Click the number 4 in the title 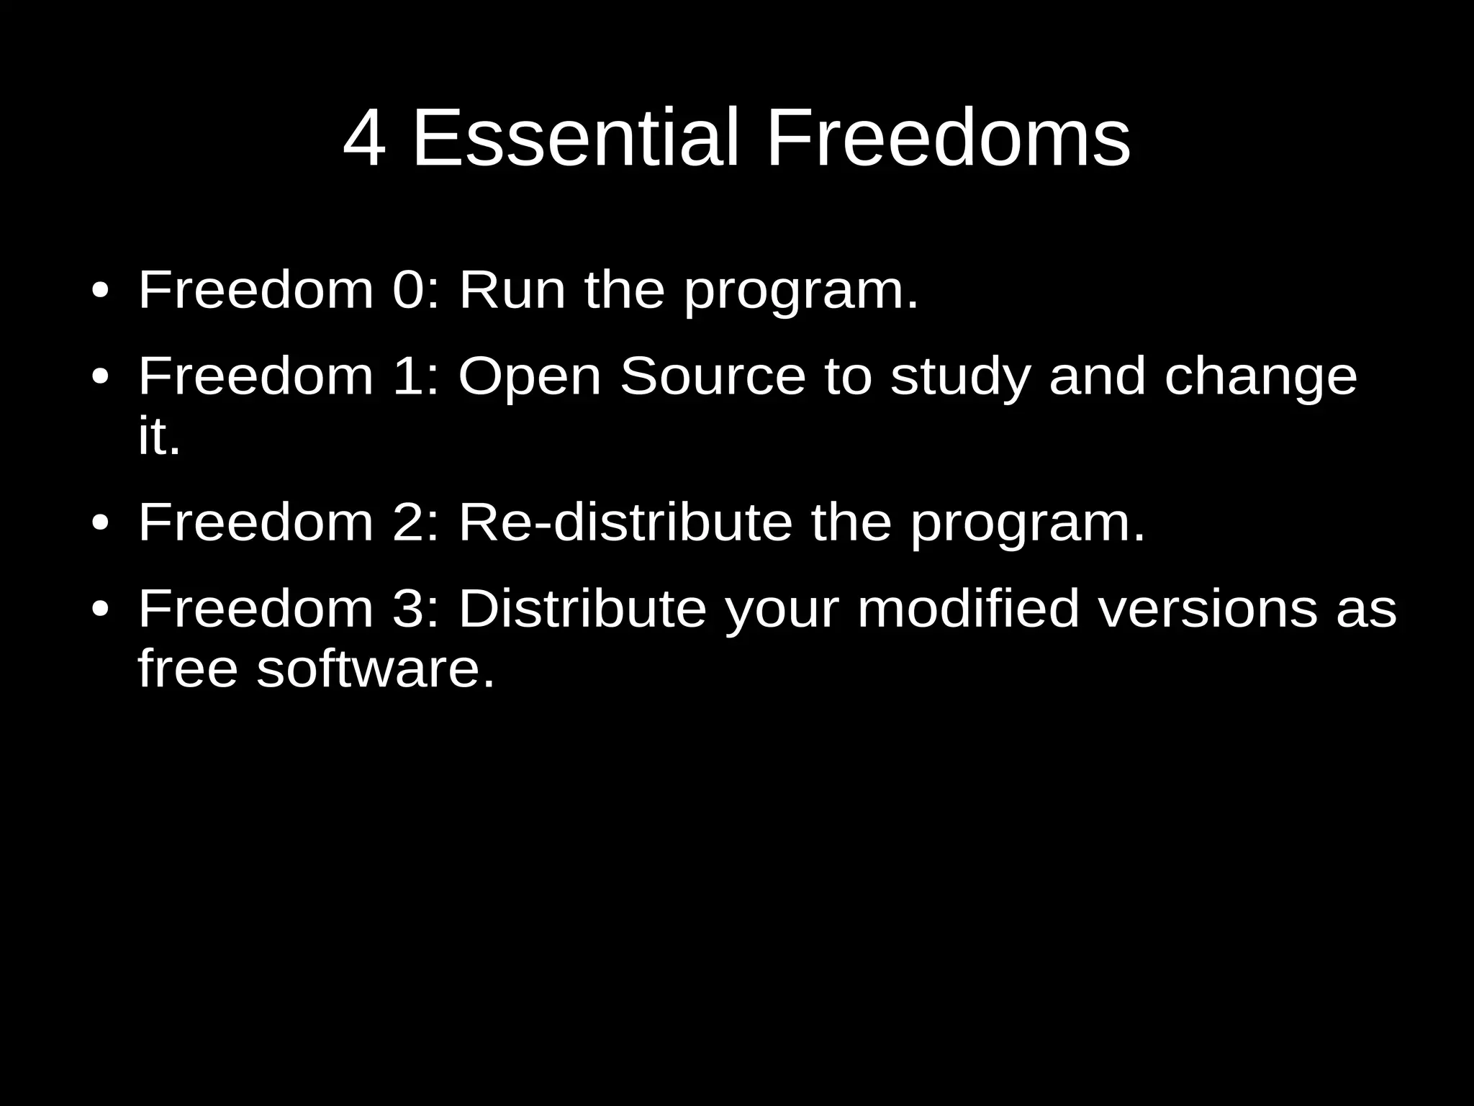pos(365,139)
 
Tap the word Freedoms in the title pos(948,139)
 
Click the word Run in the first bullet pos(512,290)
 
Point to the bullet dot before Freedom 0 pos(101,292)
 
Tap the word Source pos(713,376)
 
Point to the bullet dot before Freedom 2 pos(101,524)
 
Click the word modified pos(968,609)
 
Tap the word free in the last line pos(187,668)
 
